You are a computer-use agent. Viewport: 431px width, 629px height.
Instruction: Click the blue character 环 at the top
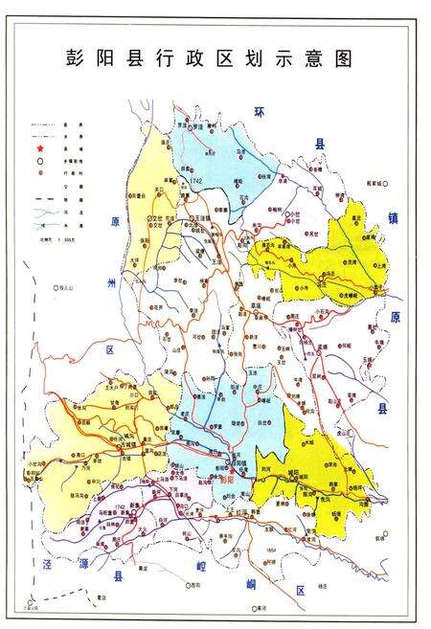258,112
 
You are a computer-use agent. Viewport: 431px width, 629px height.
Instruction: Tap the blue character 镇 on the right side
391,218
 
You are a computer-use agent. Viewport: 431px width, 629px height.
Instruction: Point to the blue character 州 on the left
111,284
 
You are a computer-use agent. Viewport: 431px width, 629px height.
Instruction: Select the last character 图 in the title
340,58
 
